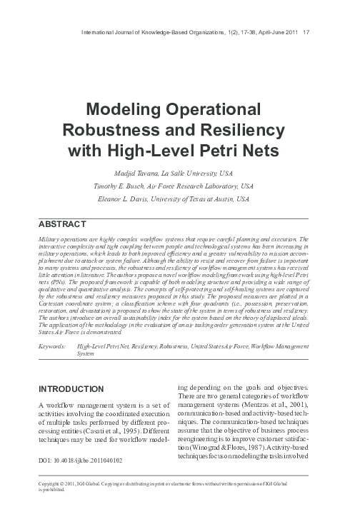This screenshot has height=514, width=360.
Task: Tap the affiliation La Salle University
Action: point(211,172)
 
